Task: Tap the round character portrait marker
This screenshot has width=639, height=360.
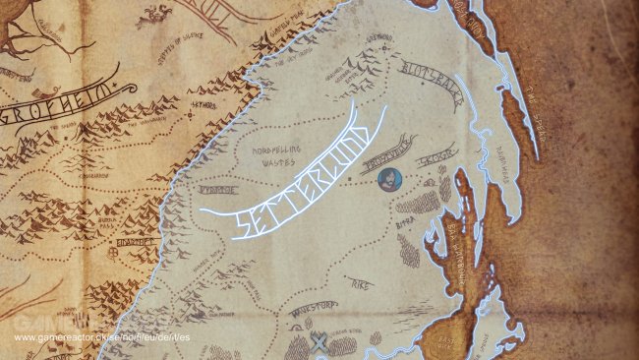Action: (x=388, y=178)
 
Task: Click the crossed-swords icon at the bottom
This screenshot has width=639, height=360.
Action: (x=319, y=340)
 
